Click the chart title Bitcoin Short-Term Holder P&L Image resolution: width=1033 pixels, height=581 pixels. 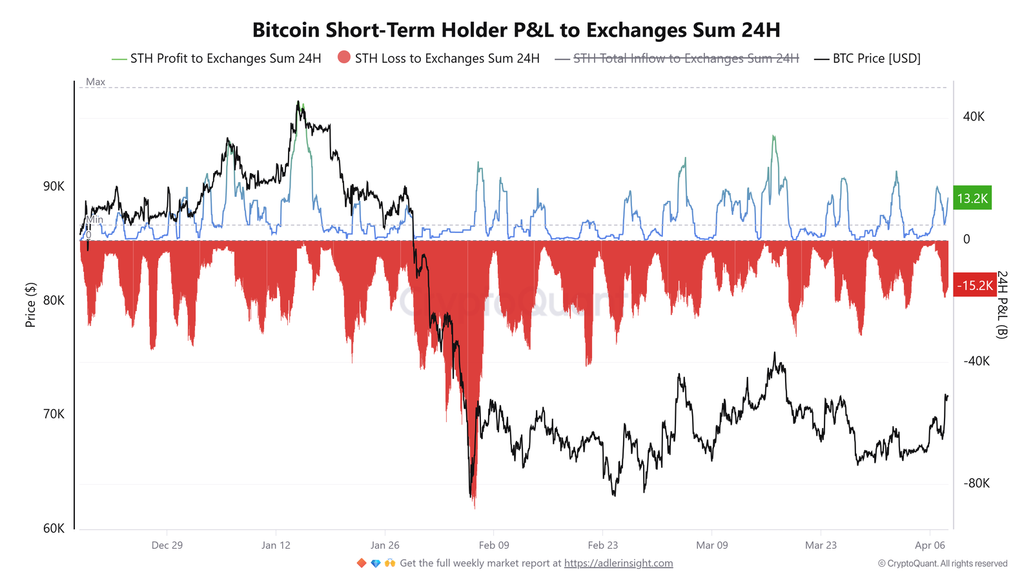point(516,30)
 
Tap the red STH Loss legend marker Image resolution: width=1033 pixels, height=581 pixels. point(344,57)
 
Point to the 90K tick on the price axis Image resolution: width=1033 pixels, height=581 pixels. point(54,187)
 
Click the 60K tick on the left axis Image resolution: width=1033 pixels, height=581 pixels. point(54,529)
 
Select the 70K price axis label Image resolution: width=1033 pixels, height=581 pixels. point(54,414)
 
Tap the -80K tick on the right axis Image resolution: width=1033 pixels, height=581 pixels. point(976,484)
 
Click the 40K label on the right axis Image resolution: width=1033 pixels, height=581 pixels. point(974,117)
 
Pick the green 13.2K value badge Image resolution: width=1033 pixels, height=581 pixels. point(972,198)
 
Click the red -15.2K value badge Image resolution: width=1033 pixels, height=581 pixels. point(974,285)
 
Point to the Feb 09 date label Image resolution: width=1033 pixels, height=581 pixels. point(494,545)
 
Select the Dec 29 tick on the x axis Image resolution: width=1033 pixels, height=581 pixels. point(167,545)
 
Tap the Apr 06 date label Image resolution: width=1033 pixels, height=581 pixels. point(930,545)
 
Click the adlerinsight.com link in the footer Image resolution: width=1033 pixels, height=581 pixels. point(618,564)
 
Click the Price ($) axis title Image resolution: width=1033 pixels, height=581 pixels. point(30,305)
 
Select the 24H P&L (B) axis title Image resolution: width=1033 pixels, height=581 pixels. point(1001,305)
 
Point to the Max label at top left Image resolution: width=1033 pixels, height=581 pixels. point(96,82)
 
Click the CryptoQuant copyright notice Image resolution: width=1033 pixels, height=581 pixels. point(942,564)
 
